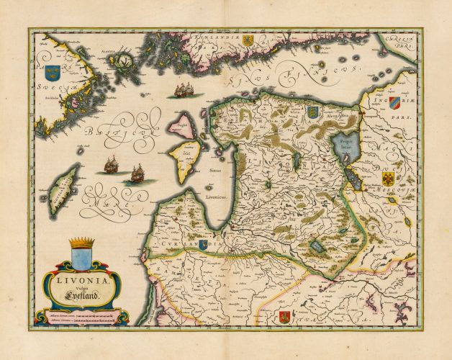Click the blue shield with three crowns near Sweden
(x=52, y=73)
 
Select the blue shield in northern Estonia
(x=312, y=112)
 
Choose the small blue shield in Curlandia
(x=205, y=245)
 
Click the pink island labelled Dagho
(x=181, y=126)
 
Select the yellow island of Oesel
(x=184, y=159)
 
